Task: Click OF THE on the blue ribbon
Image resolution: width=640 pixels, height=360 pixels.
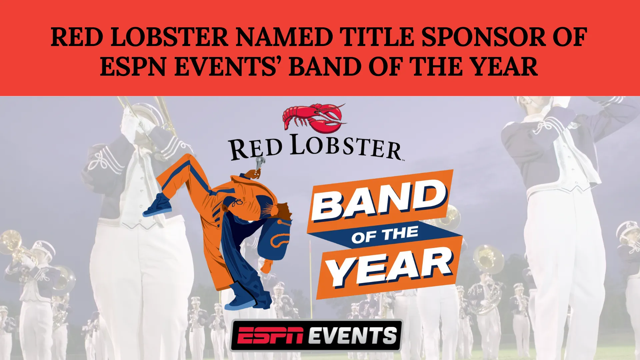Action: (x=385, y=235)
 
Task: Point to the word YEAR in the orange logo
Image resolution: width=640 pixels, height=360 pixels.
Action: (x=389, y=268)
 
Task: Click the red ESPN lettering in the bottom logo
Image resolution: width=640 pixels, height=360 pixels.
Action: (x=271, y=335)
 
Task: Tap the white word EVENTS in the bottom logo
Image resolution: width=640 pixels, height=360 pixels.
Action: (x=352, y=335)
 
